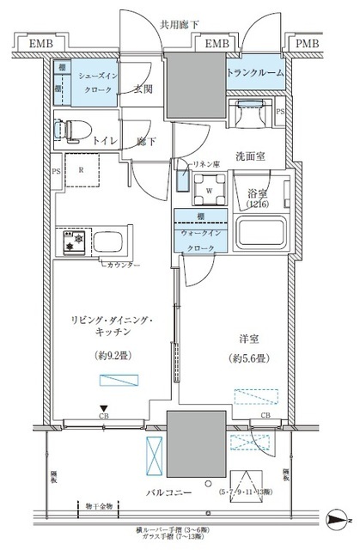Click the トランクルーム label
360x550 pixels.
(255, 74)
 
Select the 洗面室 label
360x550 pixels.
(253, 156)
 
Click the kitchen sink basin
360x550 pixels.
(110, 241)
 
